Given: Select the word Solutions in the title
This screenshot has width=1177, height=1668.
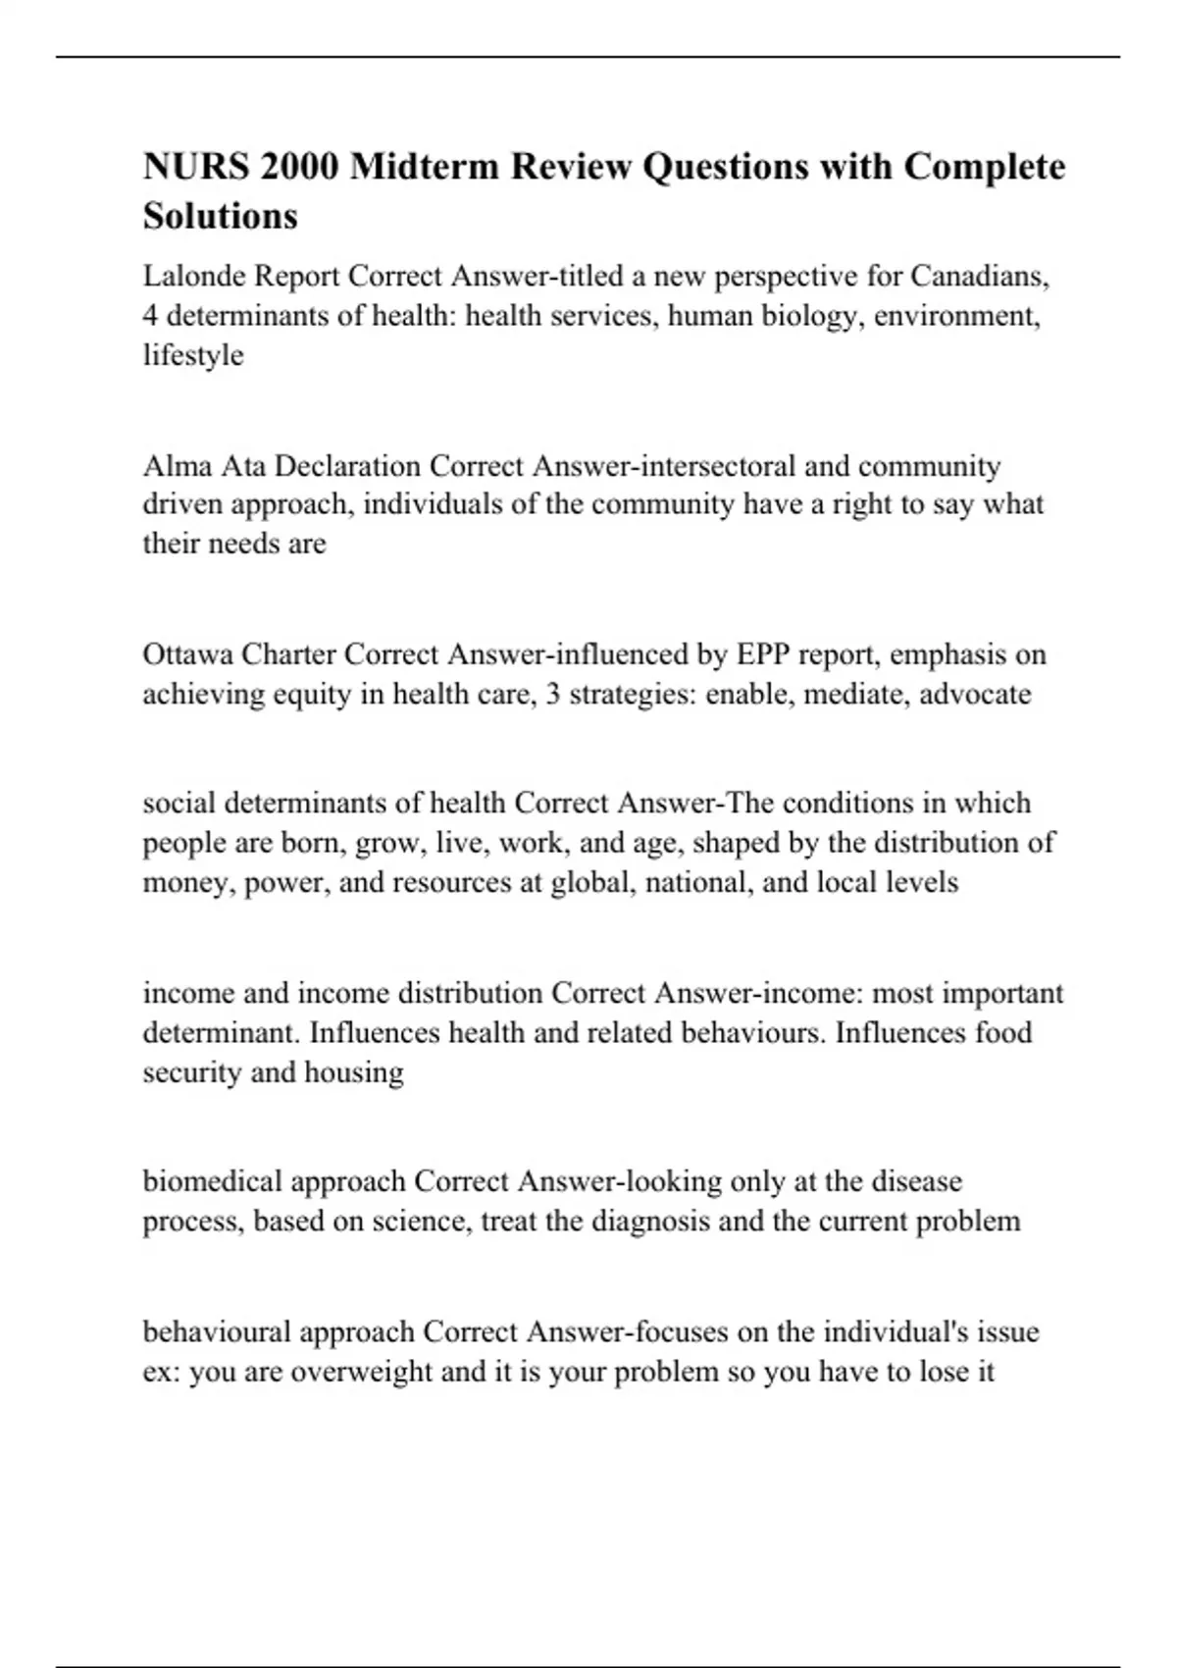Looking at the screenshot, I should point(220,216).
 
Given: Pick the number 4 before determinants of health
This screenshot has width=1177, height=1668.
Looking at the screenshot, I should point(150,317).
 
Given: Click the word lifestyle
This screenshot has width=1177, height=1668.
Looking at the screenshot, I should point(193,355).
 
